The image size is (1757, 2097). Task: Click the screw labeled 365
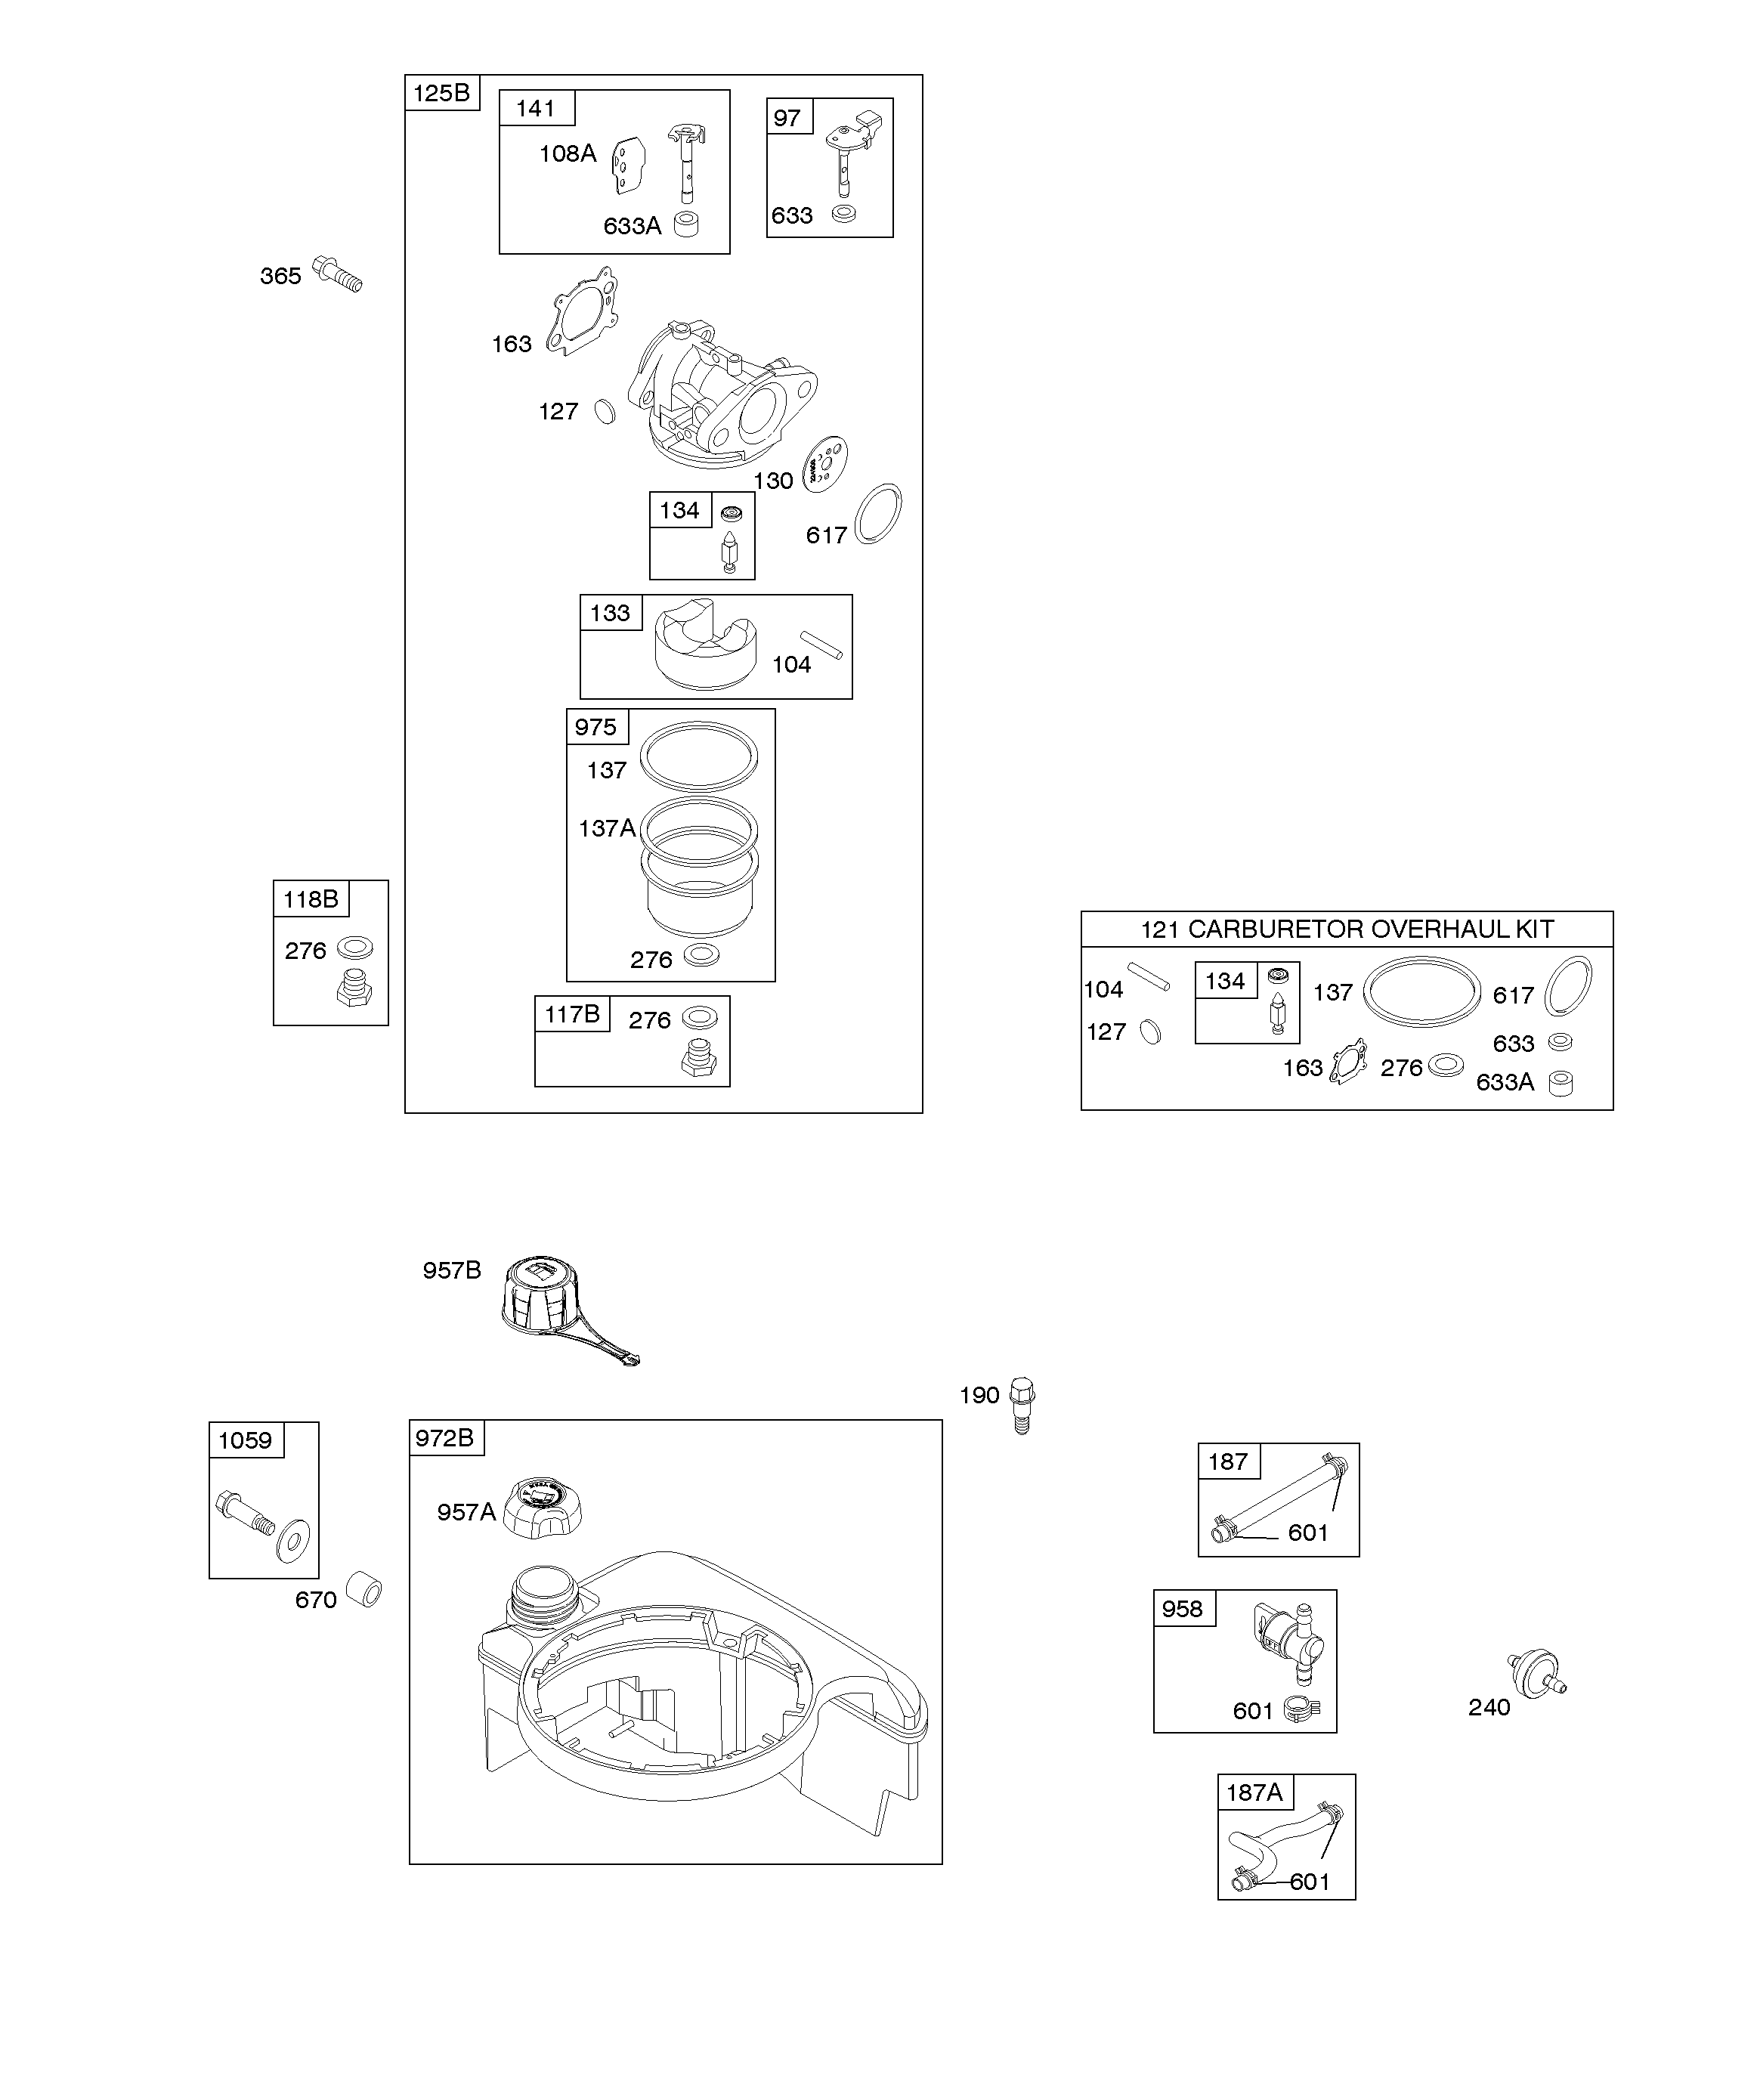[x=338, y=273]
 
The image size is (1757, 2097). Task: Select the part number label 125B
[x=441, y=93]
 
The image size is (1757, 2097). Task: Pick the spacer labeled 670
[x=363, y=1588]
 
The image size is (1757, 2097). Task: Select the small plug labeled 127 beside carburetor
[x=605, y=410]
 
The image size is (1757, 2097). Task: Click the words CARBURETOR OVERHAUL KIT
[x=1370, y=929]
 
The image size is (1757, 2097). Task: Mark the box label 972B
[x=444, y=1437]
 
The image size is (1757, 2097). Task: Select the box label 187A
[x=1254, y=1792]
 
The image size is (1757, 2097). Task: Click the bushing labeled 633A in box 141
[x=686, y=224]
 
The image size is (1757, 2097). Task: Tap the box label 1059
[x=245, y=1440]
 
